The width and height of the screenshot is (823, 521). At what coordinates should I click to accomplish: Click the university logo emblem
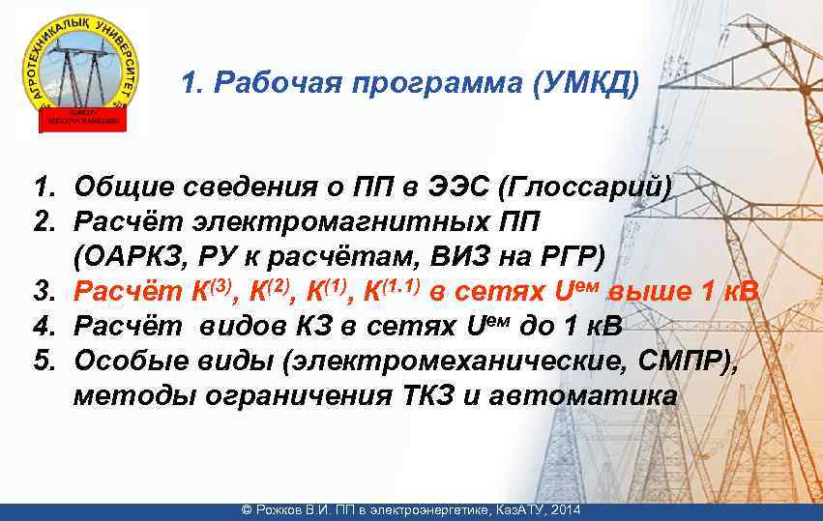81,68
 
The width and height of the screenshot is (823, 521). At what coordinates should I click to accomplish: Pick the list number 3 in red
43,291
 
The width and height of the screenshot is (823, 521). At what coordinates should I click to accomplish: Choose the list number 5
43,361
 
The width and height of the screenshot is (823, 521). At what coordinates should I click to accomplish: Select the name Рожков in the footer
281,509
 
